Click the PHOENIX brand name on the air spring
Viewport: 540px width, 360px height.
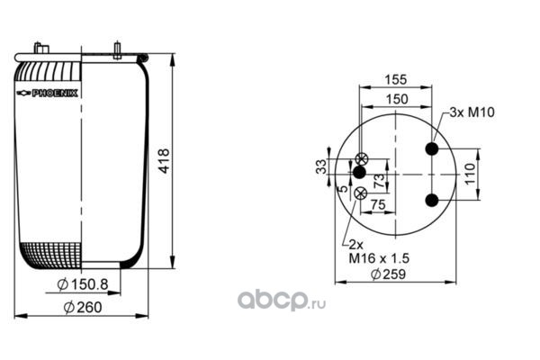pyautogui.click(x=54, y=94)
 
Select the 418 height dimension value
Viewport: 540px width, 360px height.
pyautogui.click(x=164, y=161)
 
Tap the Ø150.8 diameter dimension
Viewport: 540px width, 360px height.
pyautogui.click(x=82, y=284)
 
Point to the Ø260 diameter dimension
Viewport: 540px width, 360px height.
pyautogui.click(x=83, y=307)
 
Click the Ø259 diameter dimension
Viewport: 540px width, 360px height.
pyautogui.click(x=388, y=274)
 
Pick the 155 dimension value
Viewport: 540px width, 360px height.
pyautogui.click(x=396, y=79)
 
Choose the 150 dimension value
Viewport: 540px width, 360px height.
pyautogui.click(x=397, y=99)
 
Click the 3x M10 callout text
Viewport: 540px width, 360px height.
pyautogui.click(x=472, y=112)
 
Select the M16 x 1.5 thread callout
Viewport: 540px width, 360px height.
pyautogui.click(x=379, y=258)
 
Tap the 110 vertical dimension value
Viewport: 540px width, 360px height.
pyautogui.click(x=470, y=174)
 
